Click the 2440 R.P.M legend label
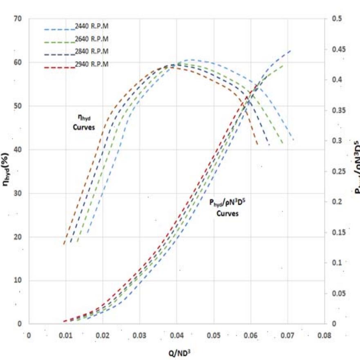click(x=92, y=27)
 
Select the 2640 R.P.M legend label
click(x=92, y=39)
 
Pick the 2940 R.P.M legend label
click(x=92, y=64)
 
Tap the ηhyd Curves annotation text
click(x=84, y=122)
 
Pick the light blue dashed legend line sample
click(x=60, y=29)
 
